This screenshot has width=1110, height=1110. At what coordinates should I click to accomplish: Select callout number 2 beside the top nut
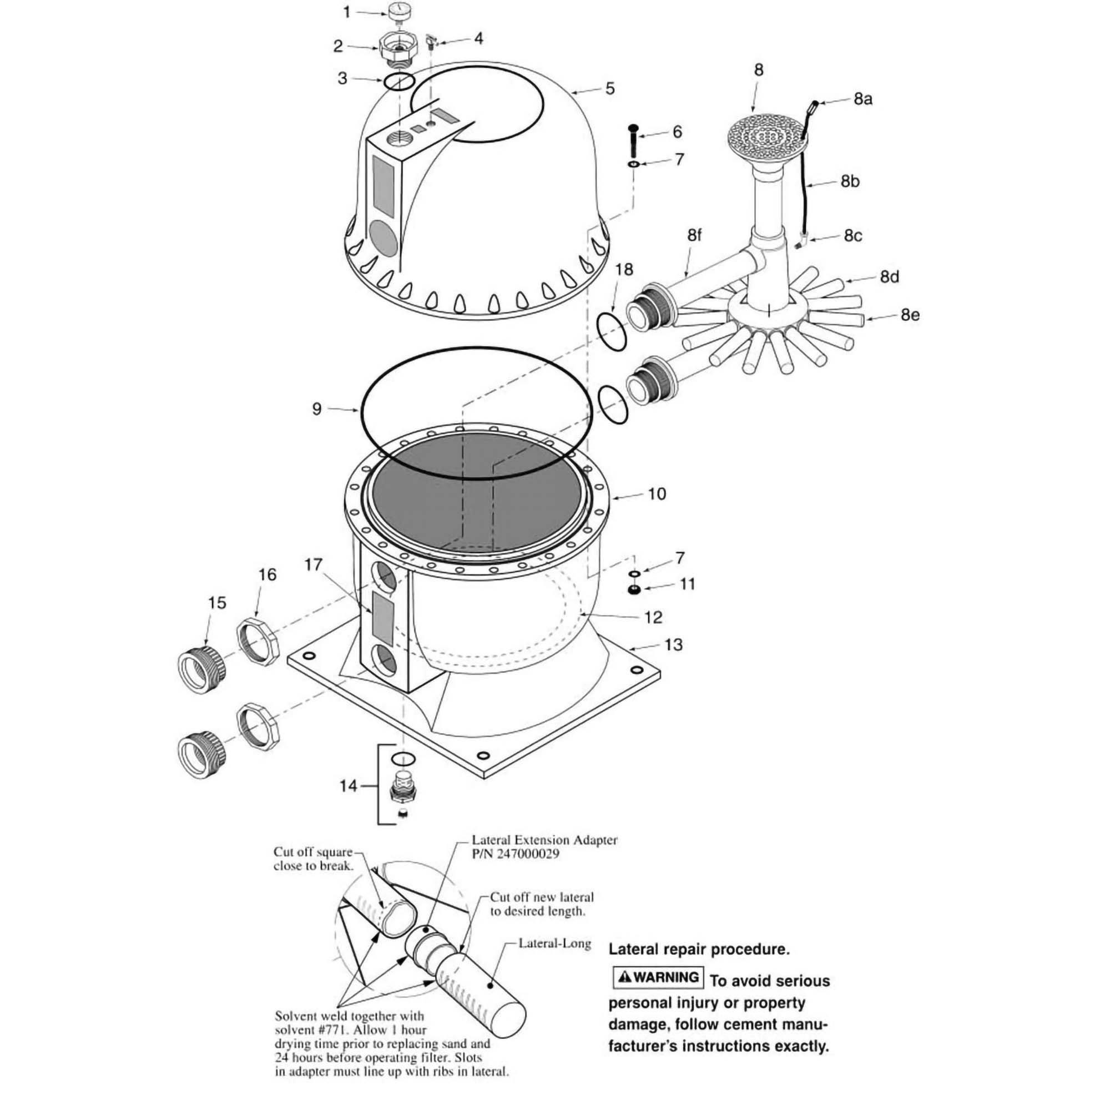tap(339, 46)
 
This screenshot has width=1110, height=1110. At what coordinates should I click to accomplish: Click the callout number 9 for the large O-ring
tap(316, 409)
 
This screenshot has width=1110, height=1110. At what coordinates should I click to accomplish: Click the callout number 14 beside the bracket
tap(348, 785)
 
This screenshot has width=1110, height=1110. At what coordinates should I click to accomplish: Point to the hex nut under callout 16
tap(259, 640)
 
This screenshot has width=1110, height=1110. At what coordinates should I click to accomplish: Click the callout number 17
tap(313, 565)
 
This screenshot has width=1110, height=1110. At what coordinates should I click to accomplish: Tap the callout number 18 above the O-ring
tap(624, 270)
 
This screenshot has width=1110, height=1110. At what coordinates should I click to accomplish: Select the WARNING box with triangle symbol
tap(658, 977)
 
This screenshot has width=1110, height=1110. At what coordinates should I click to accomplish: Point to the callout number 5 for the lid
tap(610, 88)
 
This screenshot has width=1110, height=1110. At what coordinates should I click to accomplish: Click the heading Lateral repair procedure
tap(699, 949)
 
